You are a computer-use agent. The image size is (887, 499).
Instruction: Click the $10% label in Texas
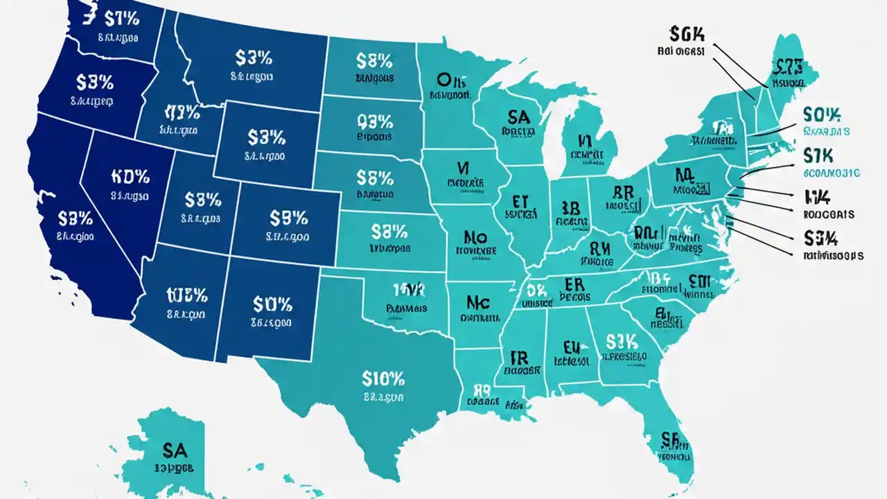point(383,378)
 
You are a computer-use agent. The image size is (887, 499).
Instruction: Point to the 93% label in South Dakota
point(374,122)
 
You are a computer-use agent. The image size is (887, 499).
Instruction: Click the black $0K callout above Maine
point(687,33)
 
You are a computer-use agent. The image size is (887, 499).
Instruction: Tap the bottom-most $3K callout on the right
point(821,238)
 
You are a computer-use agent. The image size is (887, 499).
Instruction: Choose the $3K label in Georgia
point(620,340)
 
